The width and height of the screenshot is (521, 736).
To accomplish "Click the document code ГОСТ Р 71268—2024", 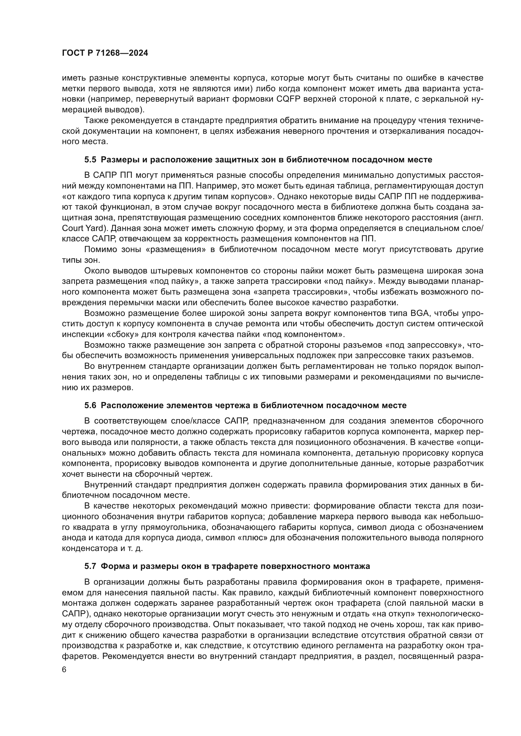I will [105, 53].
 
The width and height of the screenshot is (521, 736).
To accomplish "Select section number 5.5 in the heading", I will [90, 160].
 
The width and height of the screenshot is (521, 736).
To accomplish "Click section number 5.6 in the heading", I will [90, 406].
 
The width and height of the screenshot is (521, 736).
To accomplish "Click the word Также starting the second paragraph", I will [98, 120].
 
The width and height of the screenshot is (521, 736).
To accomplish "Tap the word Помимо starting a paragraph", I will [100, 250].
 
